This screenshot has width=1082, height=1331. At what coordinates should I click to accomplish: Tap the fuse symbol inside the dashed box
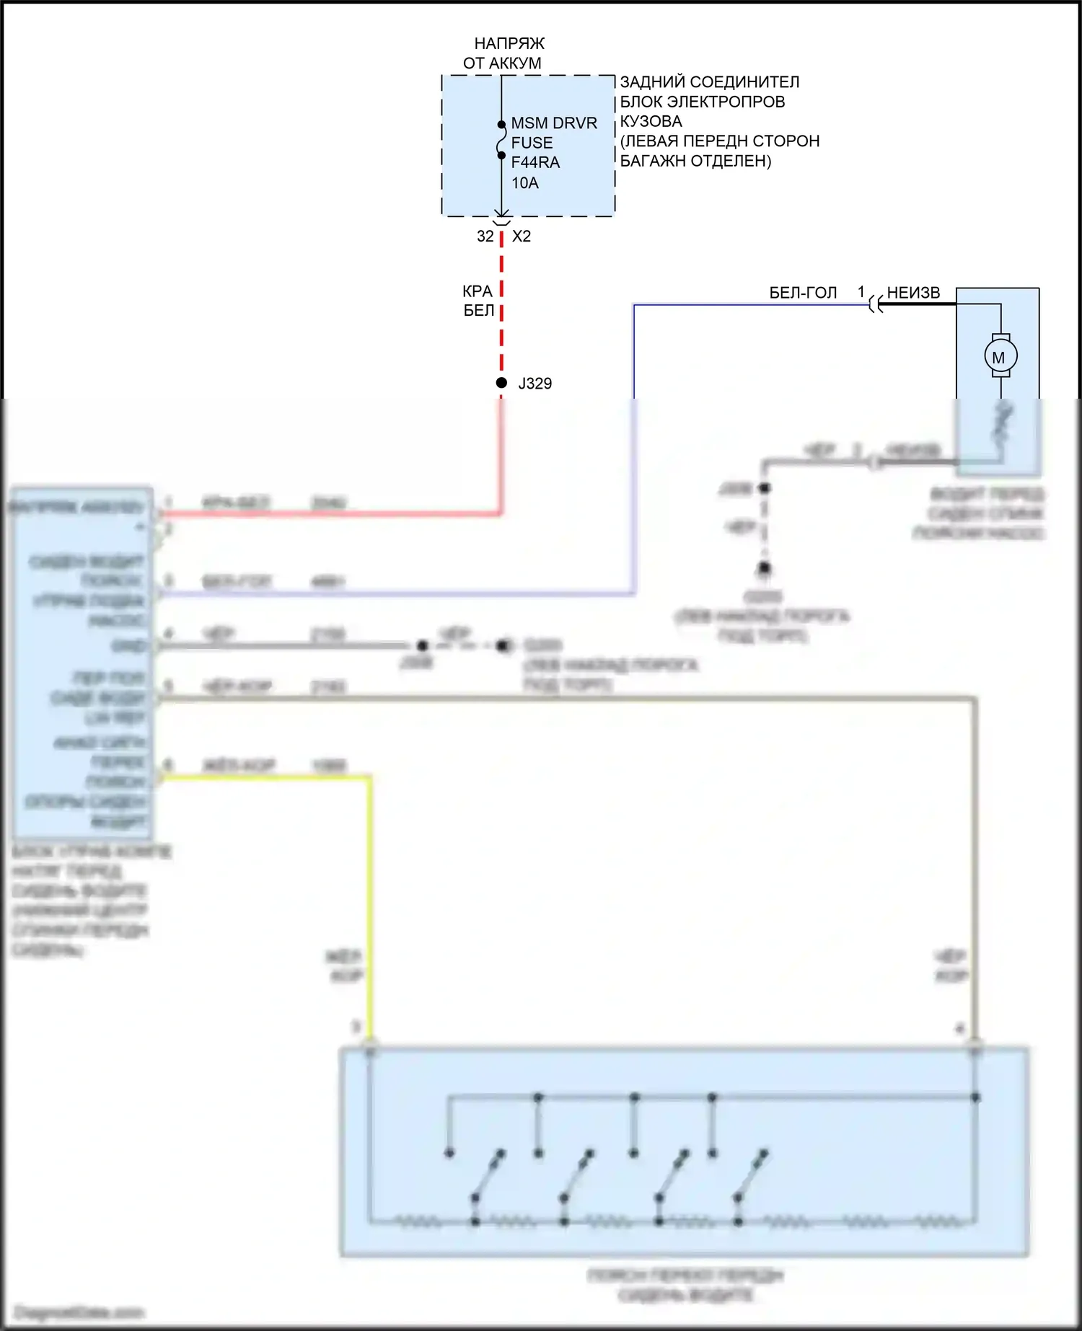(x=501, y=140)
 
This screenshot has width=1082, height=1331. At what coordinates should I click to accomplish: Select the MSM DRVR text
(x=554, y=123)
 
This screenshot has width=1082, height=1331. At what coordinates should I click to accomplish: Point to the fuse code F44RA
(x=535, y=162)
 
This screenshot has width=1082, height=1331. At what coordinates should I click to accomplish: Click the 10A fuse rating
(x=524, y=183)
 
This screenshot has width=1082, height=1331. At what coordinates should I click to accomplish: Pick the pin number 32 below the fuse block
(x=485, y=236)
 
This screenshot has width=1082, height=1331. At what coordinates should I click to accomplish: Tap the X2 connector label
(x=522, y=236)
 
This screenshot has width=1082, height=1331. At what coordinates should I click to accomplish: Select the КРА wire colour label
(x=478, y=291)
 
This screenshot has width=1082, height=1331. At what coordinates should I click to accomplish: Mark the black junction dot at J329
(x=501, y=383)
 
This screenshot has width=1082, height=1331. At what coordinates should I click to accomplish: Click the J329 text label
(x=535, y=384)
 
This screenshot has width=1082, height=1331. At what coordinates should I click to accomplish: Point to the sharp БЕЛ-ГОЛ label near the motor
(x=803, y=293)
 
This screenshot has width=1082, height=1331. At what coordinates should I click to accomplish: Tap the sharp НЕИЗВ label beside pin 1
(x=913, y=293)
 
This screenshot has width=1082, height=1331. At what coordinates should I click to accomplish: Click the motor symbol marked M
(x=1000, y=356)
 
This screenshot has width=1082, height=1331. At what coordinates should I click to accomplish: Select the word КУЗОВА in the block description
(x=651, y=121)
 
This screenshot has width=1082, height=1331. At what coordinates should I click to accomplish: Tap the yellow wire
(x=370, y=901)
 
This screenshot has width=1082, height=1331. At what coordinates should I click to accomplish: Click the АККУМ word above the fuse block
(x=515, y=63)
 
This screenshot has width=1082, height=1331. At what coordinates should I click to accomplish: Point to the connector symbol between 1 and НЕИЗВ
(x=875, y=304)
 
